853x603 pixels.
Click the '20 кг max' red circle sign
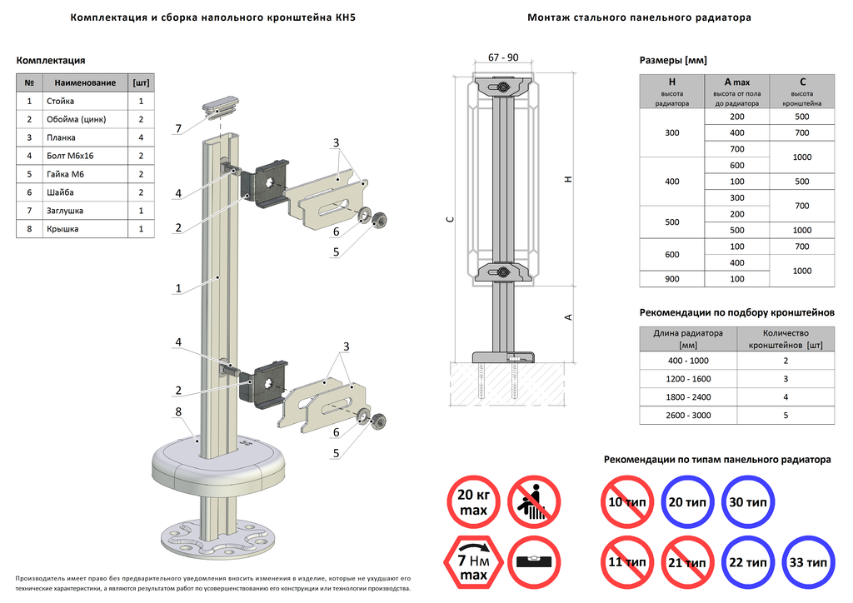tap(473, 501)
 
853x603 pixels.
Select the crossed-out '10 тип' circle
tap(626, 502)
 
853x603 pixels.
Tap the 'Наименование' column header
tap(86, 82)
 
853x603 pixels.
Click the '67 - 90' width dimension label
tap(503, 57)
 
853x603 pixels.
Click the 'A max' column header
tap(737, 82)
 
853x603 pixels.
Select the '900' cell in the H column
tap(672, 279)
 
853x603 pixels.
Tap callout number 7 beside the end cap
tap(178, 128)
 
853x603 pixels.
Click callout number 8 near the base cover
tap(178, 411)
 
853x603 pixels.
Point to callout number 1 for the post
tap(178, 289)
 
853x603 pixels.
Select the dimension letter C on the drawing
tap(449, 220)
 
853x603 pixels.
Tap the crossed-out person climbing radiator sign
tap(533, 501)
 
